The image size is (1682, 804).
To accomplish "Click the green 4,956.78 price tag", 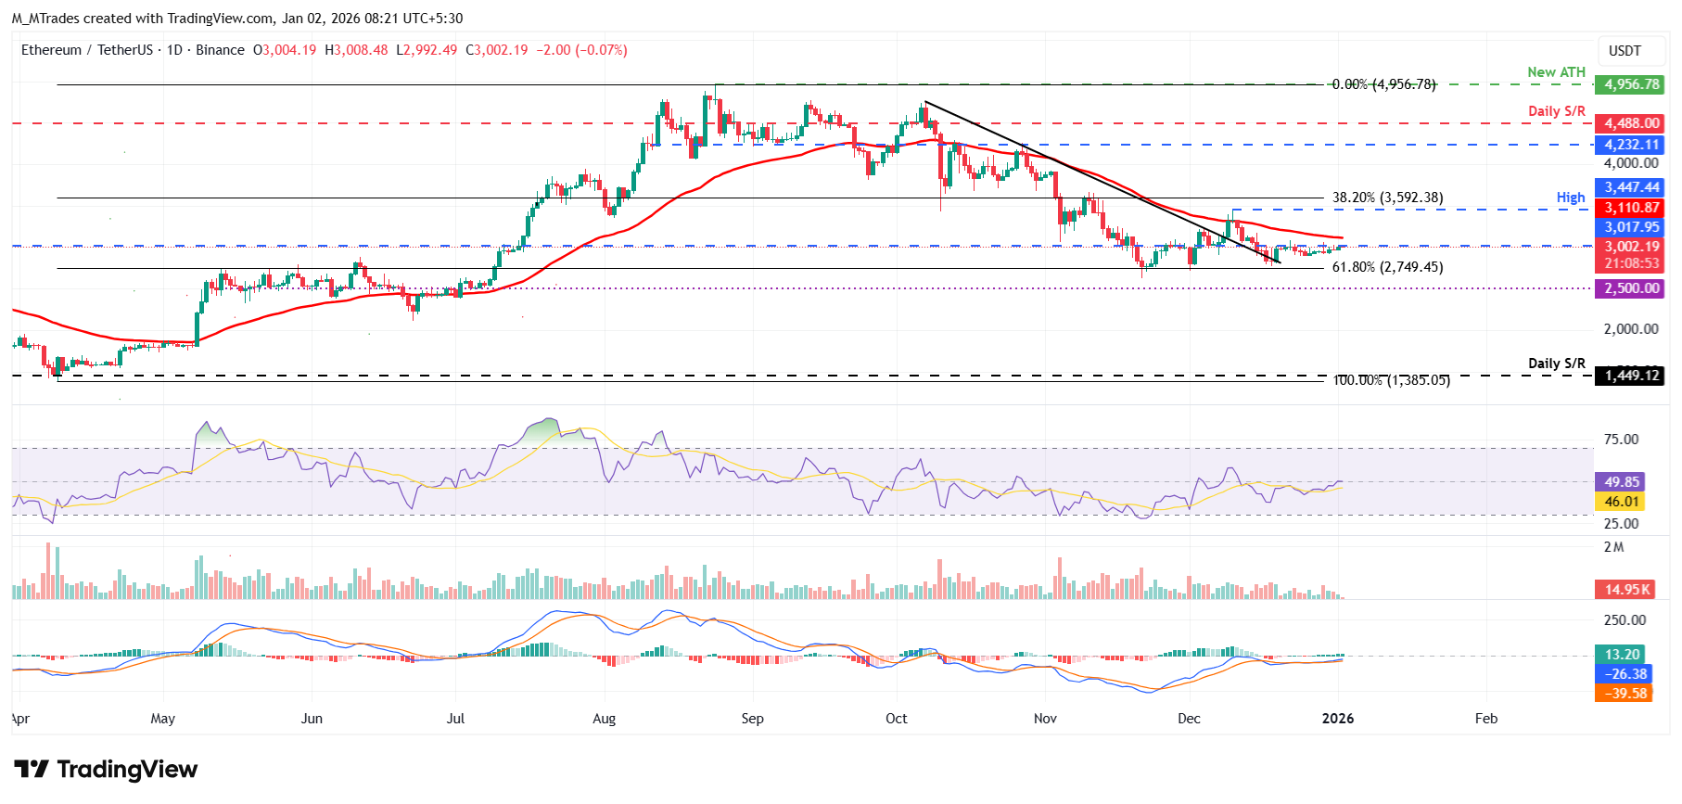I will click(x=1631, y=84).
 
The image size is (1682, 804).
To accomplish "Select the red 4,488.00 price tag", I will click(x=1631, y=123).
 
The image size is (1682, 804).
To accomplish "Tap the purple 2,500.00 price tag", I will click(x=1631, y=288).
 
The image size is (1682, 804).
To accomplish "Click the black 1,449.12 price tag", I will click(x=1631, y=376).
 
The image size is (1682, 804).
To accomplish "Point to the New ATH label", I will click(x=1556, y=72).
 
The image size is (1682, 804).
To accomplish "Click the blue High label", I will click(x=1570, y=198).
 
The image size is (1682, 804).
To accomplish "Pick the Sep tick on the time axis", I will click(x=752, y=719).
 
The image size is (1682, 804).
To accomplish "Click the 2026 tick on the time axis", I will click(x=1337, y=719).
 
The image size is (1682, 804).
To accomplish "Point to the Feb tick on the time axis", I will click(x=1485, y=719).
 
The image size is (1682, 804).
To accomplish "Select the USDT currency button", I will click(x=1625, y=51).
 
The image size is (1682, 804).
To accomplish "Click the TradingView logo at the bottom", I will click(x=106, y=770).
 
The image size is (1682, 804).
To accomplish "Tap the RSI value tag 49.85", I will click(x=1622, y=482).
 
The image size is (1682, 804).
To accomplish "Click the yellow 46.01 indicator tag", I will click(x=1622, y=502).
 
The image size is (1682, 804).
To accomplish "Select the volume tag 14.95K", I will click(x=1627, y=590).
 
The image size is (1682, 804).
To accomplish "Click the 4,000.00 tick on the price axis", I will click(x=1631, y=163).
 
